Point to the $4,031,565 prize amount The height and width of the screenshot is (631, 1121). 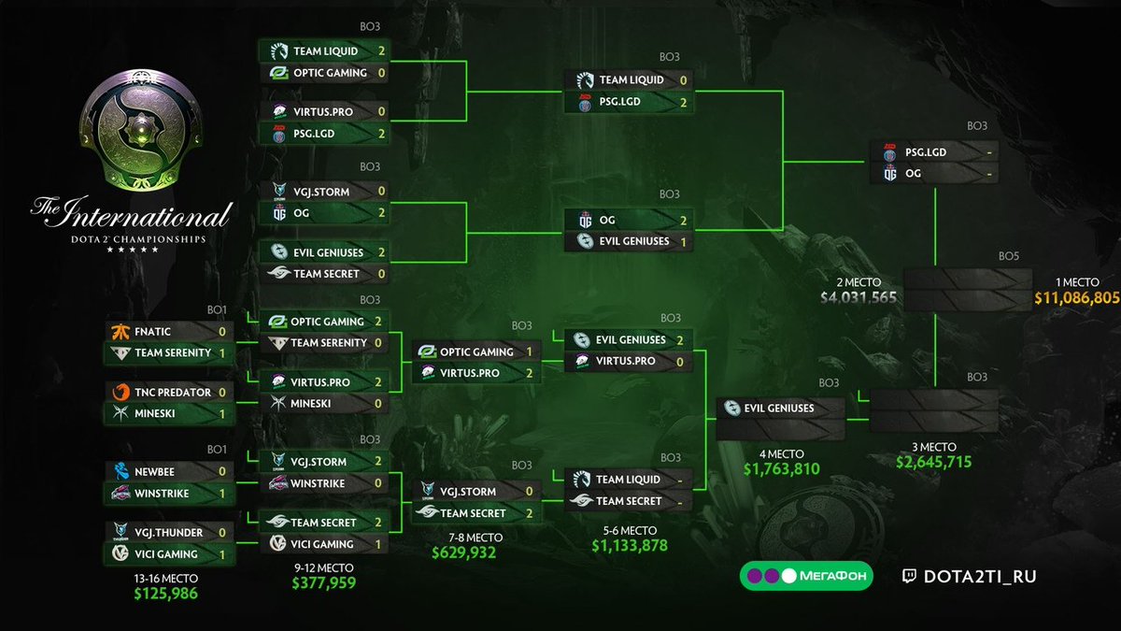point(858,299)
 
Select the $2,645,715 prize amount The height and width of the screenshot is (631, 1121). point(934,463)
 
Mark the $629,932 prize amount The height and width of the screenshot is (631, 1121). point(463,552)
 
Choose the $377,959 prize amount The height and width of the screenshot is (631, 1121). point(323,583)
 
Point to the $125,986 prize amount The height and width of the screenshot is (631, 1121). point(166,593)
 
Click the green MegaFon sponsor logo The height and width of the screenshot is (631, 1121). point(806,576)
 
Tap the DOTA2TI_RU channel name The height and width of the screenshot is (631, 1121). point(979,576)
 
